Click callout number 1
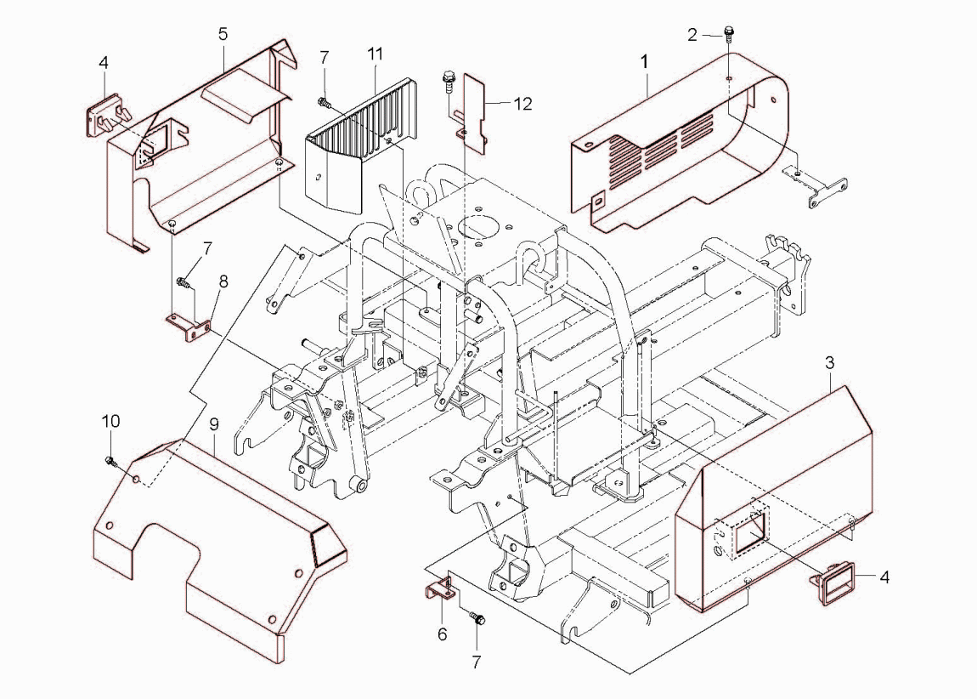(645, 61)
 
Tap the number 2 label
(692, 34)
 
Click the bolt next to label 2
(730, 35)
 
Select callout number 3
(829, 363)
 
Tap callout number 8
(223, 280)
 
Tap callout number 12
(523, 104)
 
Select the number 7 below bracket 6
(476, 661)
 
